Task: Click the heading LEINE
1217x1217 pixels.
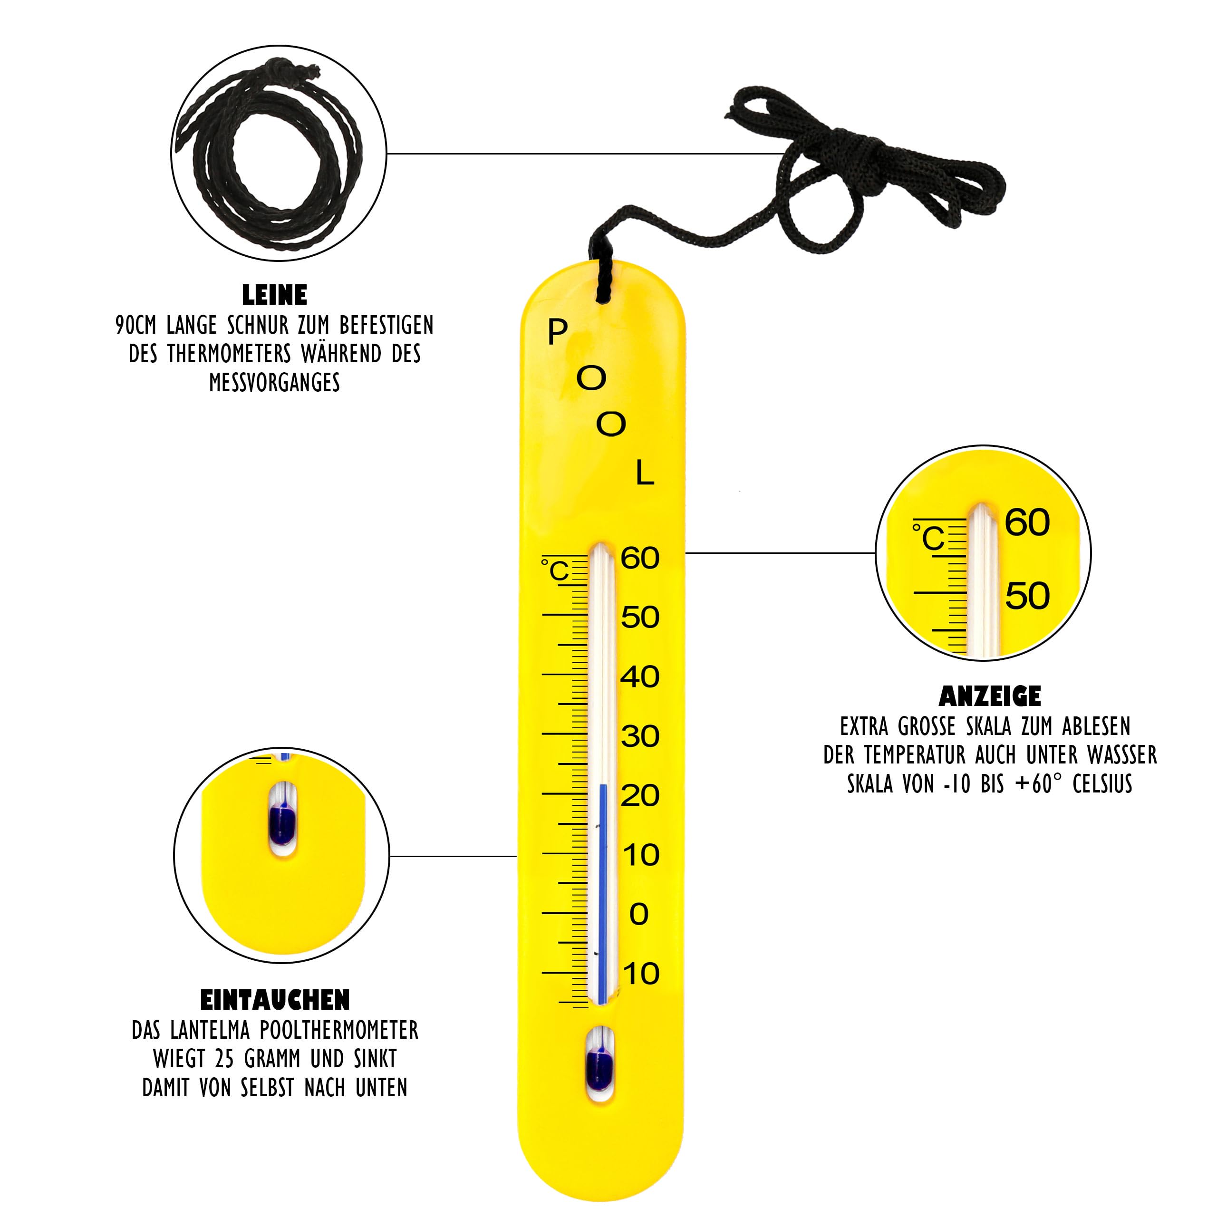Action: [275, 295]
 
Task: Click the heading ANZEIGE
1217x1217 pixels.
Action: [990, 696]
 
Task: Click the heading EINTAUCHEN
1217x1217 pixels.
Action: [275, 1000]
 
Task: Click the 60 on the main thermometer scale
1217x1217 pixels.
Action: [640, 558]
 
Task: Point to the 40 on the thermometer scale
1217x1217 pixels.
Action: [640, 677]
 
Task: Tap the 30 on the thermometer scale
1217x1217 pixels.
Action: [640, 736]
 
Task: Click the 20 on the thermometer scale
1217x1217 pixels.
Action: [640, 796]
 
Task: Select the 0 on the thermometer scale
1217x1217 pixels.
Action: [639, 914]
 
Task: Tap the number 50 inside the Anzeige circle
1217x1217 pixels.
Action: [1027, 595]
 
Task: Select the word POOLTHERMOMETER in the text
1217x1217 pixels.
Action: [339, 1031]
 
